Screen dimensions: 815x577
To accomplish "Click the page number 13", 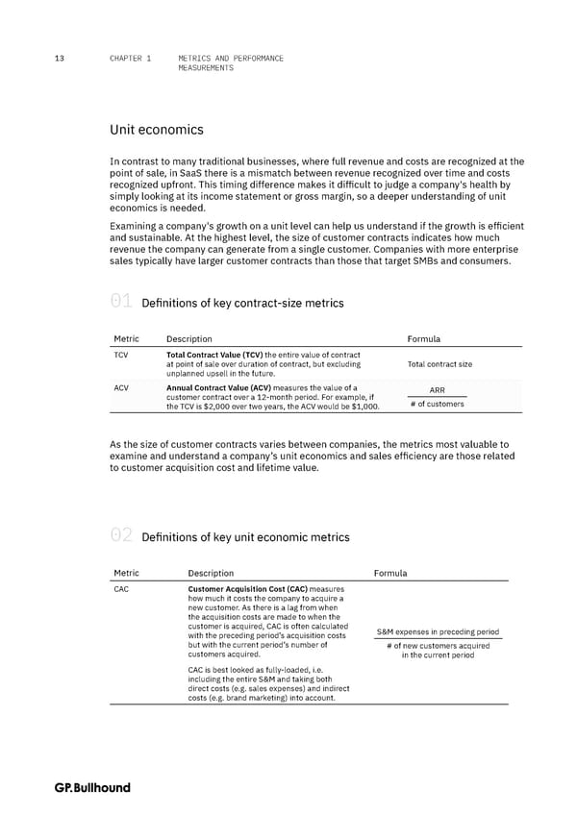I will pos(60,59).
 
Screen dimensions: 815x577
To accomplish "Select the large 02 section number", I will pos(122,536).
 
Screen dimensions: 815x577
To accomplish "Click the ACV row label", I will pos(122,387).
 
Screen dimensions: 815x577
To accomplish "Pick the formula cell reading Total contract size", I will pos(439,364).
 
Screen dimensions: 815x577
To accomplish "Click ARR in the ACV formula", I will pos(437,390).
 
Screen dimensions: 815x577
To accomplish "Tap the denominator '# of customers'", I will pos(437,404).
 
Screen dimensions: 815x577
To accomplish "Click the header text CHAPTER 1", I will pos(131,59).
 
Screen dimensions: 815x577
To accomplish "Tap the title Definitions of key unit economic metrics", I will pos(245,537).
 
